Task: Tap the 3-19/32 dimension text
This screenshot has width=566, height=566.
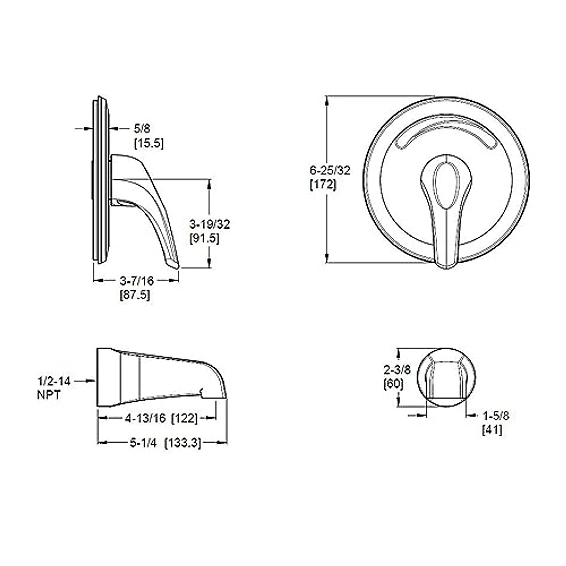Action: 209,225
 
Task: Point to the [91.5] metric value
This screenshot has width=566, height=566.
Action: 204,239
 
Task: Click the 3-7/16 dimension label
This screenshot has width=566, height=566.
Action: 137,281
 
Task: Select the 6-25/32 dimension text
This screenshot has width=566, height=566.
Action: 330,171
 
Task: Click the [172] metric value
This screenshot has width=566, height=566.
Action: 323,185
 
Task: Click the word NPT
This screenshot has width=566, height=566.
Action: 49,394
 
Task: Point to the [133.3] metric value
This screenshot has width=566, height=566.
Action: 183,443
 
